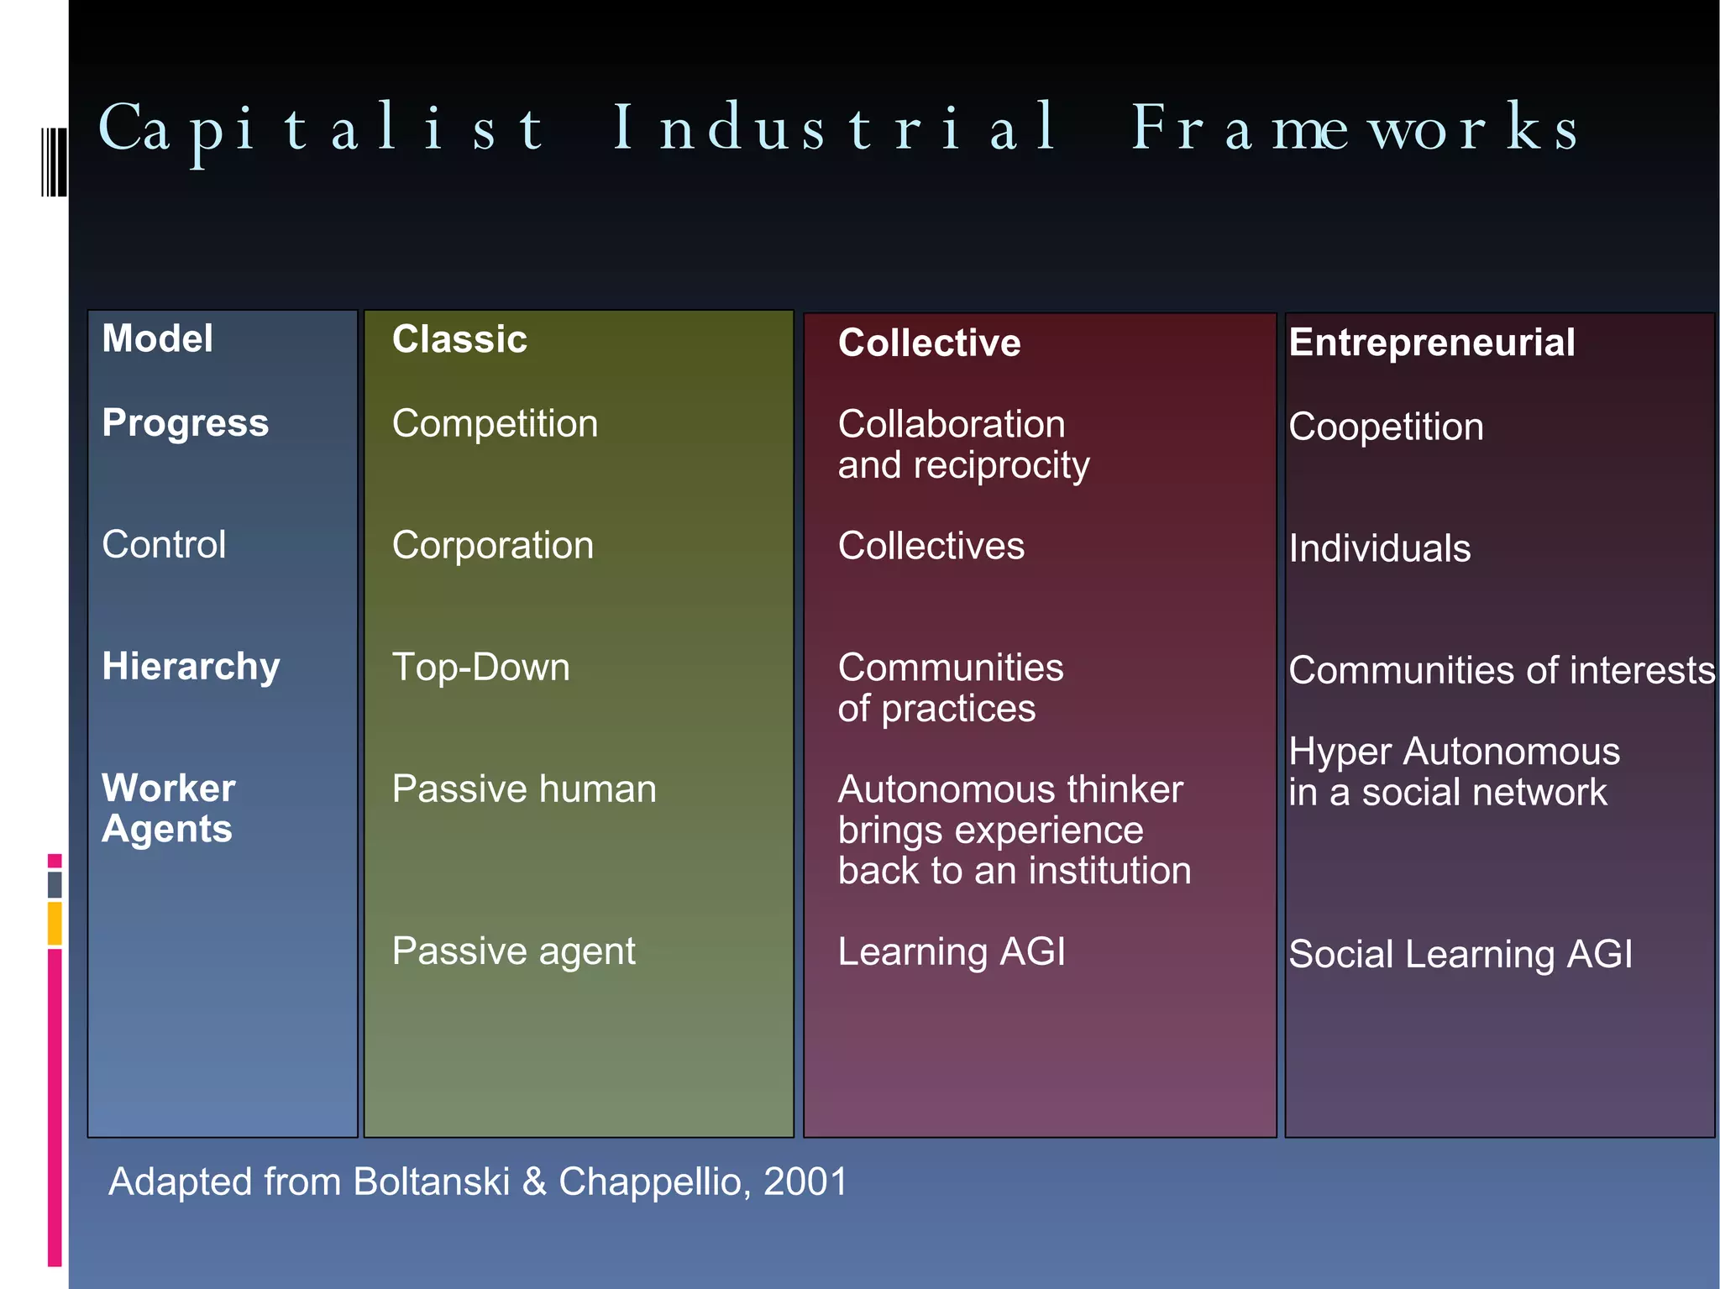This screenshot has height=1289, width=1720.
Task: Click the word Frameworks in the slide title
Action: click(1354, 128)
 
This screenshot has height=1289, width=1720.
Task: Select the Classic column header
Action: click(459, 339)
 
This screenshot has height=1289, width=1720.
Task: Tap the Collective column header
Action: click(929, 343)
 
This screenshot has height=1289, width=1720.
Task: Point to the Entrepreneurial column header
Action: click(1431, 343)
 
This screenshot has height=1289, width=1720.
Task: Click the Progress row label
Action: click(185, 422)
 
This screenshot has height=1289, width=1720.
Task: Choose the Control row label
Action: click(164, 544)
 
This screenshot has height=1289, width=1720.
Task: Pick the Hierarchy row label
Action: click(191, 666)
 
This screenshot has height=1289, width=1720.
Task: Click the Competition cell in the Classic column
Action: click(495, 423)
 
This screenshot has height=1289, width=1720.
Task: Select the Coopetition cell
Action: click(1386, 427)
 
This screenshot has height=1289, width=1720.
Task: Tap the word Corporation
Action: click(493, 545)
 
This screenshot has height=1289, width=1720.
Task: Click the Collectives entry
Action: click(931, 546)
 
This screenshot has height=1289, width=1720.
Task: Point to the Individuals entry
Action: click(1379, 548)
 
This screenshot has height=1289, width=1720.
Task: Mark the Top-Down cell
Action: click(480, 667)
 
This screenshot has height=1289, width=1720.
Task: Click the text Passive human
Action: click(524, 789)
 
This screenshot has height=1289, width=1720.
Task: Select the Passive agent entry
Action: click(513, 951)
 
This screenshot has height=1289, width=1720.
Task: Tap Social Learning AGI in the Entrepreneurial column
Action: click(1460, 954)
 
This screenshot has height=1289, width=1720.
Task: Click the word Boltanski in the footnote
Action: click(431, 1182)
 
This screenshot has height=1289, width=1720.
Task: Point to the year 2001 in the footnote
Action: click(805, 1182)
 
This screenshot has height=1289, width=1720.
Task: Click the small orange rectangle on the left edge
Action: click(55, 923)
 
